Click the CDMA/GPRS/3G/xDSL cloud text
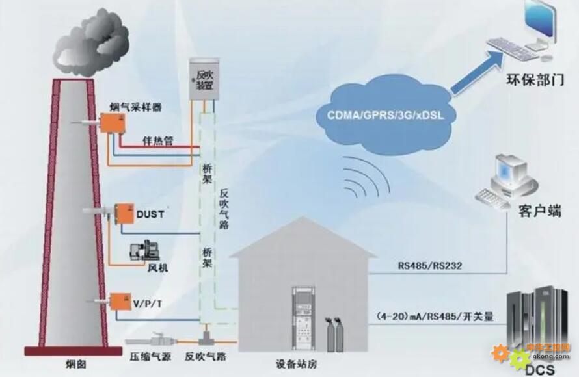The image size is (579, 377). pyautogui.click(x=386, y=115)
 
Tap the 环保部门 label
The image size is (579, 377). pyautogui.click(x=535, y=79)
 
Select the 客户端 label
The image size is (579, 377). pyautogui.click(x=539, y=211)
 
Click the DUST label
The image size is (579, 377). pyautogui.click(x=150, y=214)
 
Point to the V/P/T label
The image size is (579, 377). pyautogui.click(x=147, y=304)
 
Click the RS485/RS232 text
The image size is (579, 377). pyautogui.click(x=430, y=266)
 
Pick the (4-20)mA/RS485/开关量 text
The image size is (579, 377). pyautogui.click(x=435, y=317)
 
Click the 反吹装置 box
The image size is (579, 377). pyautogui.click(x=204, y=79)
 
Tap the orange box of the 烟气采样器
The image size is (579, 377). pyautogui.click(x=113, y=122)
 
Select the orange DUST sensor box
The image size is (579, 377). pyautogui.click(x=124, y=214)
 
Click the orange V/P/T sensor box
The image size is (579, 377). pyautogui.click(x=121, y=302)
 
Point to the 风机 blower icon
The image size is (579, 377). pyautogui.click(x=145, y=250)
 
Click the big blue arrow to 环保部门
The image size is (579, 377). pyautogui.click(x=476, y=73)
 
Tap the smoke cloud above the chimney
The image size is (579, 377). pyautogui.click(x=90, y=44)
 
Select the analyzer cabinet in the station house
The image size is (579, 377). pyautogui.click(x=303, y=318)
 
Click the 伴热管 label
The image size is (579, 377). pyautogui.click(x=157, y=140)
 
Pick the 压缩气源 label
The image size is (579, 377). pyautogui.click(x=150, y=357)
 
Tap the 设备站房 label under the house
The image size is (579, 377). pyautogui.click(x=296, y=365)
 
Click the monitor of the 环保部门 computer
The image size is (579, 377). pyautogui.click(x=540, y=22)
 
